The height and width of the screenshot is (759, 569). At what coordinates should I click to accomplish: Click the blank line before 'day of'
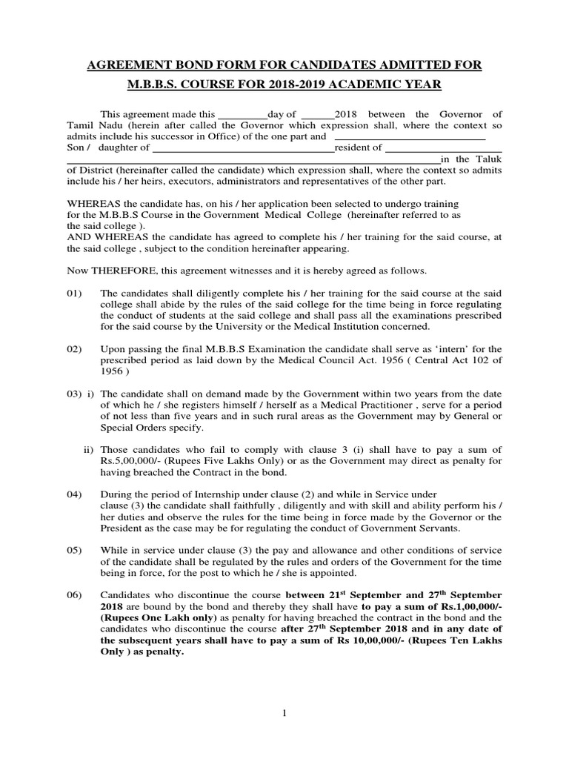click(x=242, y=116)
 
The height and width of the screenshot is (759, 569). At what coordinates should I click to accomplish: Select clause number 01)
click(x=73, y=294)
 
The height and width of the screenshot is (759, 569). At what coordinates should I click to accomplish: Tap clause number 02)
click(x=73, y=348)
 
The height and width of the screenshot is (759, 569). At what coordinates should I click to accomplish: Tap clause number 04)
click(x=73, y=494)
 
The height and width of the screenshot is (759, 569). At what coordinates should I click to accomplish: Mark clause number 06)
click(x=73, y=595)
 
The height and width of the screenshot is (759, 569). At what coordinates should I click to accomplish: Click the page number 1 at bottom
click(x=284, y=713)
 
